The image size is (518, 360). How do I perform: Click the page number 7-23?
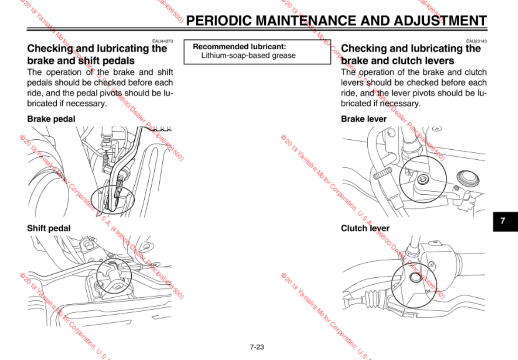click(257, 347)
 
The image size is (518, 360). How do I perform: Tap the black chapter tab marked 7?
click(502, 220)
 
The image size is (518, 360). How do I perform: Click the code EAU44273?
click(162, 41)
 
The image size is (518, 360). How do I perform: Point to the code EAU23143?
click(476, 41)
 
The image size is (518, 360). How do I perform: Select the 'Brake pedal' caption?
click(51, 119)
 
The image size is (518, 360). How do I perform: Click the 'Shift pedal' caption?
click(49, 228)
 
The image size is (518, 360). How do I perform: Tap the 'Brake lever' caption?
click(364, 119)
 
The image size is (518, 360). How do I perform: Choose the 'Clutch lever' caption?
click(365, 228)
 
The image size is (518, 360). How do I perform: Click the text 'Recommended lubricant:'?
click(240, 46)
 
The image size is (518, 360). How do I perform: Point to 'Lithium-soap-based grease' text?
click(248, 55)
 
